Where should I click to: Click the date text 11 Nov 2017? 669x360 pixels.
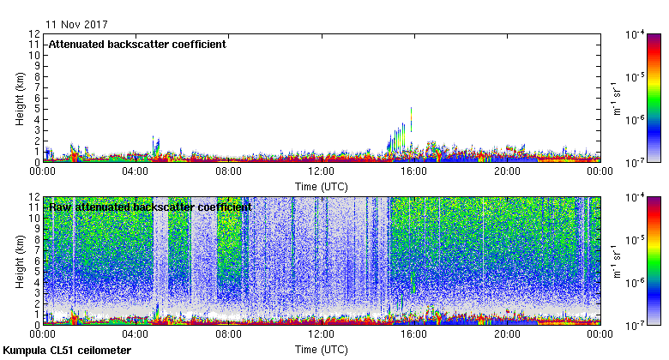point(77,24)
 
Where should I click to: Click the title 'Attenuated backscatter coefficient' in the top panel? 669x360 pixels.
point(137,45)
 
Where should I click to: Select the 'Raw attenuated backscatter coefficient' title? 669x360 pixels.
point(150,207)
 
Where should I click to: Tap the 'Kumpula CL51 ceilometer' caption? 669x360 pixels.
point(67,351)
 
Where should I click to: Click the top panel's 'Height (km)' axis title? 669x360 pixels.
point(20,98)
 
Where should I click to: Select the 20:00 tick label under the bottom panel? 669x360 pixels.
point(507,335)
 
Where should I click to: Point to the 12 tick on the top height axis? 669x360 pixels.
point(34,34)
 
